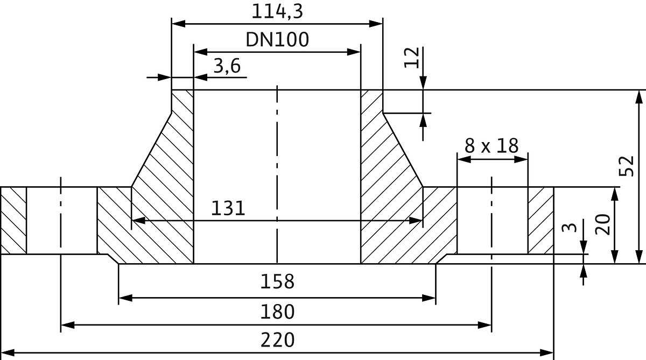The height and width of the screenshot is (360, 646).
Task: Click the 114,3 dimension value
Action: coord(277,11)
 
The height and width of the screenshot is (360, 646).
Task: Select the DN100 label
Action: coord(277,39)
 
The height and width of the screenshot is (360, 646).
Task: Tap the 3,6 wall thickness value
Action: coord(227,67)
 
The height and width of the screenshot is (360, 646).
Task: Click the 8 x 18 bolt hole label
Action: coord(491,146)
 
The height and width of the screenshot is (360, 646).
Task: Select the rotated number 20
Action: coord(602,224)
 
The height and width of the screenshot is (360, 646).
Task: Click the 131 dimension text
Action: coord(228,208)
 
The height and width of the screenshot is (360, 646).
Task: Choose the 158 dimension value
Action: coord(277,281)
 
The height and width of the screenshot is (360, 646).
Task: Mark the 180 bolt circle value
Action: coord(277,311)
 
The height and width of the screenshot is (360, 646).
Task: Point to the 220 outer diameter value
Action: coord(277,340)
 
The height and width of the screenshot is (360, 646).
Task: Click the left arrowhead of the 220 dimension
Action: coord(6,354)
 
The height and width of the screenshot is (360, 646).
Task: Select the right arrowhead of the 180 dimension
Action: coord(486,325)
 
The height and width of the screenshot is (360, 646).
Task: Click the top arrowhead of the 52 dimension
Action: coord(638,96)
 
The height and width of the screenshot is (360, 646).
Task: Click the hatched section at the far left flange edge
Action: coord(13,220)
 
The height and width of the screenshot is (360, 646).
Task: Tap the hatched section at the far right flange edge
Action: coord(540,220)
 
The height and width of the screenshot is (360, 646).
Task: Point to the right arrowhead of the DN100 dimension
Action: coord(354,52)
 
